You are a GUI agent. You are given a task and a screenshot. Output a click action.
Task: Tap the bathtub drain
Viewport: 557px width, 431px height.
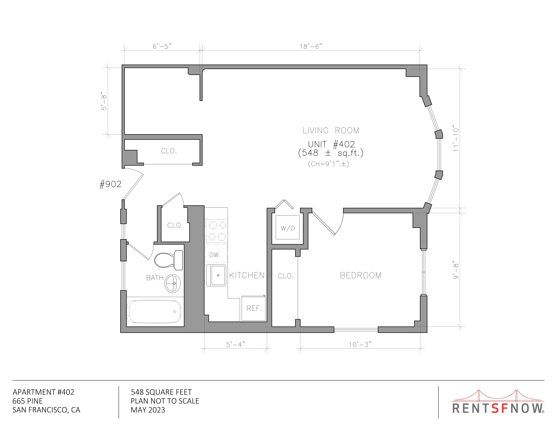[x=174, y=312]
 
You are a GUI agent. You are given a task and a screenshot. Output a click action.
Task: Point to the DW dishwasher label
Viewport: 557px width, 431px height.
[x=214, y=255]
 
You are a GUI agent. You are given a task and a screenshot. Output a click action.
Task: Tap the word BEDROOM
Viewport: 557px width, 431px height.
[x=361, y=275]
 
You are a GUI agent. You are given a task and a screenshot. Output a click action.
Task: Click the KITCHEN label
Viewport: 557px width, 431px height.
[x=247, y=275]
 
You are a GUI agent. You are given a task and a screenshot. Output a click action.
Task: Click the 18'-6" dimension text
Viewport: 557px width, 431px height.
[x=311, y=46]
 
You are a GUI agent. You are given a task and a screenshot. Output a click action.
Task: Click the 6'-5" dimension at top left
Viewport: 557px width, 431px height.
[x=162, y=46]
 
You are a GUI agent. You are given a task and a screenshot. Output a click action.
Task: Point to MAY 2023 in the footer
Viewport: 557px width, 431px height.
[x=148, y=410]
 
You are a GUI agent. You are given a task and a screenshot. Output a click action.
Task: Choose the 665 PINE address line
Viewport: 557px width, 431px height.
[x=28, y=401]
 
